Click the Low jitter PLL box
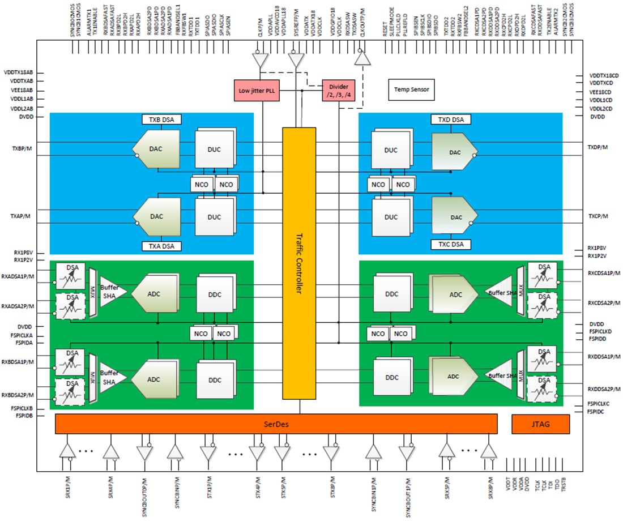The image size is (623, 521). point(257,91)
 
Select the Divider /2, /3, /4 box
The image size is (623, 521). point(339,91)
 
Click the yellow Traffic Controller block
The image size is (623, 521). point(299,263)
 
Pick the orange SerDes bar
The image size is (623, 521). point(276,424)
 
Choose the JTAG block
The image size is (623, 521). point(532,424)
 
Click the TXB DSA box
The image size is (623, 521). point(161,120)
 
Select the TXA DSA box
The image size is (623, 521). point(161,246)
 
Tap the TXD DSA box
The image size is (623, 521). point(451,120)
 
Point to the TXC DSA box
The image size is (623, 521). point(451,245)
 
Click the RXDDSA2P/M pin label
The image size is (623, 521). point(604,389)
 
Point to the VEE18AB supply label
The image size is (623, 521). point(18,91)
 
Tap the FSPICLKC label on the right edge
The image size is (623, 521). point(599,404)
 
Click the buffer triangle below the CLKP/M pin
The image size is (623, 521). point(259,60)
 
